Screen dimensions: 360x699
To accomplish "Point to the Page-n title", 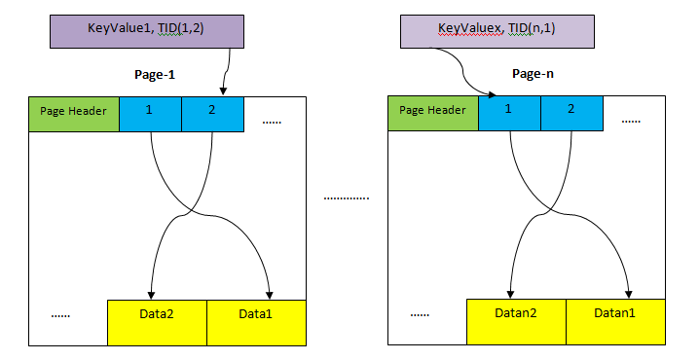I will point(533,74).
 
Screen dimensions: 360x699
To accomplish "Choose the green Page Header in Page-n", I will point(432,112).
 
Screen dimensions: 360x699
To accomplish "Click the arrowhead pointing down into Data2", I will point(151,294).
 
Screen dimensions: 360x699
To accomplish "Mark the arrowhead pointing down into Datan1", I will point(629,294).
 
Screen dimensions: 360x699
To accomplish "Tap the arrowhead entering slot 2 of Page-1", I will point(224,90).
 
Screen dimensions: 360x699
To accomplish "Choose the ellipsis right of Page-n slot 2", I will point(631,122).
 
